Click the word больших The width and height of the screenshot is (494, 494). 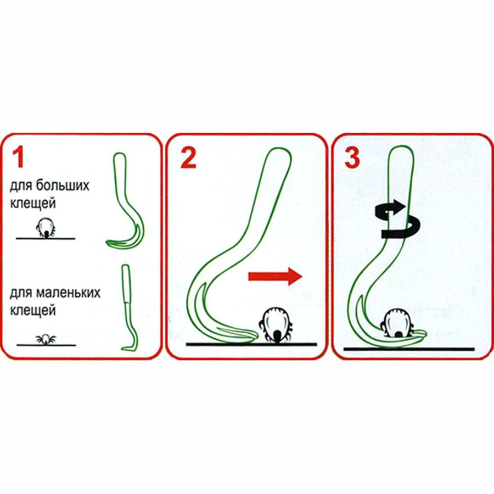[x=63, y=186]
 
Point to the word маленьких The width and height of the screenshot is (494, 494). [x=68, y=293]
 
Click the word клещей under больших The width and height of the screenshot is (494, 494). [x=33, y=203]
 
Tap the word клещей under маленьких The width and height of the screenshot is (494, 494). [x=33, y=311]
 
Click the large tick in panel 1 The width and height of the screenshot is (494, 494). [x=46, y=227]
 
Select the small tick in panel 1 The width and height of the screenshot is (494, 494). [x=46, y=340]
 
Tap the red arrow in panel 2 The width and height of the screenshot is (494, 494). [x=276, y=277]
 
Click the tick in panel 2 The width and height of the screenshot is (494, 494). [x=274, y=324]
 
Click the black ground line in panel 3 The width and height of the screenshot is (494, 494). [x=409, y=349]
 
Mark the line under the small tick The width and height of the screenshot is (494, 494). [x=46, y=345]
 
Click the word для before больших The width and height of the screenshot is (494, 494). [x=21, y=186]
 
